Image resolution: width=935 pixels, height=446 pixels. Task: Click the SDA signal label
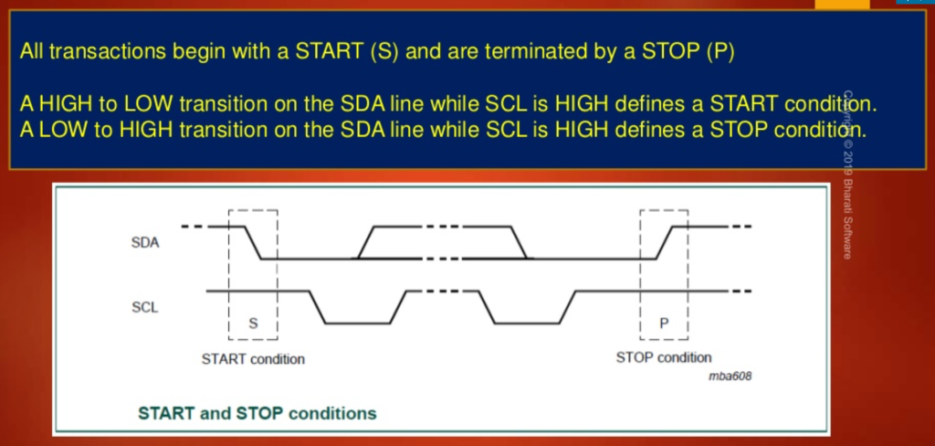coord(145,244)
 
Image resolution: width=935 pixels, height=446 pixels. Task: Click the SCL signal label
coord(145,308)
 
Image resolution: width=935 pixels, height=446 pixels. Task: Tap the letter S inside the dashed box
coord(253,324)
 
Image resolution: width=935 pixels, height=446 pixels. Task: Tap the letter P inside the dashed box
coord(664,324)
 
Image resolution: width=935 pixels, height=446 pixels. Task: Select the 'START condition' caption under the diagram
coord(253,359)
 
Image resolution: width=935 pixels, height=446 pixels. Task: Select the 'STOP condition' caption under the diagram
coord(664,357)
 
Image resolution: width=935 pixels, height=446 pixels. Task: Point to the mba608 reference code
coord(730,377)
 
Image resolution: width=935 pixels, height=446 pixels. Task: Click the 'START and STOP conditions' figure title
coord(257,413)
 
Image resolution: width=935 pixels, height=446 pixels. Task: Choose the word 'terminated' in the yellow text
coord(535,52)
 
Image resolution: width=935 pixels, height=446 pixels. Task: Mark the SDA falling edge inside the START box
coord(253,242)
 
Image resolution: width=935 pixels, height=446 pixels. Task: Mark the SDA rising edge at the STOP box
coord(665,242)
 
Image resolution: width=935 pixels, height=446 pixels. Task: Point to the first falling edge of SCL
coord(317,307)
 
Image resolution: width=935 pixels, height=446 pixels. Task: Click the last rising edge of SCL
coord(568,307)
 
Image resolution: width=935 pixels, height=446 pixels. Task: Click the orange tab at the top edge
coord(842,5)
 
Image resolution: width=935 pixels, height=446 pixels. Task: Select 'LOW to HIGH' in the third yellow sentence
coord(105,130)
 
